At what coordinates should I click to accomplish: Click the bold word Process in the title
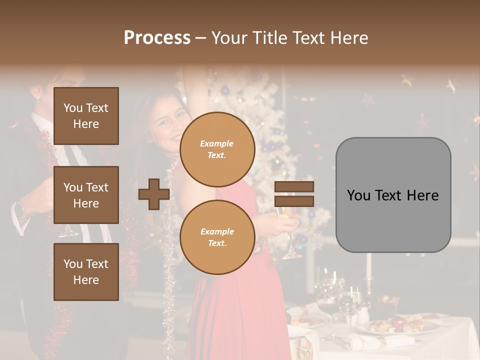157,38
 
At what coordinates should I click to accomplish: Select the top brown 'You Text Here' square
86,116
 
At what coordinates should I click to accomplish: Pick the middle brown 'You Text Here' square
86,195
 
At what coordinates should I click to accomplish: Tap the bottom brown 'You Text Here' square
86,271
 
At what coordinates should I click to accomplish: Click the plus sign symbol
154,194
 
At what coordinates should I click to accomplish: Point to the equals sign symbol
294,194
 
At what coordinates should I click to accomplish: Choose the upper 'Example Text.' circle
217,149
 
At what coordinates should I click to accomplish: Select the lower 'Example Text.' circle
217,237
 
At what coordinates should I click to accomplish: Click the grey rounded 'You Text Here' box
393,195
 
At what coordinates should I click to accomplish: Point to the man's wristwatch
21,209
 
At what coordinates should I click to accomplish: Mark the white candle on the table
369,265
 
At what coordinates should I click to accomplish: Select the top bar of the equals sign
294,186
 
